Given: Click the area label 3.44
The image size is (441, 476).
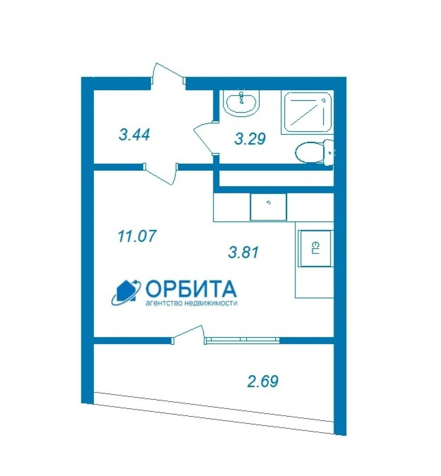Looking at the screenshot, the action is tap(134, 135).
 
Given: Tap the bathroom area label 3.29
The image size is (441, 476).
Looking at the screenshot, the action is tap(250, 139).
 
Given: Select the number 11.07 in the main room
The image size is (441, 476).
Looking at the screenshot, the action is tap(137, 236).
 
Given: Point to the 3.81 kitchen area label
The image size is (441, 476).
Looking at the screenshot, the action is tap(244, 252).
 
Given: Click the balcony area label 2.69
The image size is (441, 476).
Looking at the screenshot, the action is tap(263, 382).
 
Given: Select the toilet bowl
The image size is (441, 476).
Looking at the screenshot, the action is tap(315, 152).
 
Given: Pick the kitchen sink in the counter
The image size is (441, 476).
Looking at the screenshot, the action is tap(268, 207).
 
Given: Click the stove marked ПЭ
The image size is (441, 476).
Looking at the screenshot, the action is tap(315, 248).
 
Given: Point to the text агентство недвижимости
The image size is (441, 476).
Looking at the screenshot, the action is tap(191, 303).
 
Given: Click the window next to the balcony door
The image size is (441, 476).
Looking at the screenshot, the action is tap(243, 340).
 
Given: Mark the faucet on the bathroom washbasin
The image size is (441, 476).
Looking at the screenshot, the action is tap(242, 97).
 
